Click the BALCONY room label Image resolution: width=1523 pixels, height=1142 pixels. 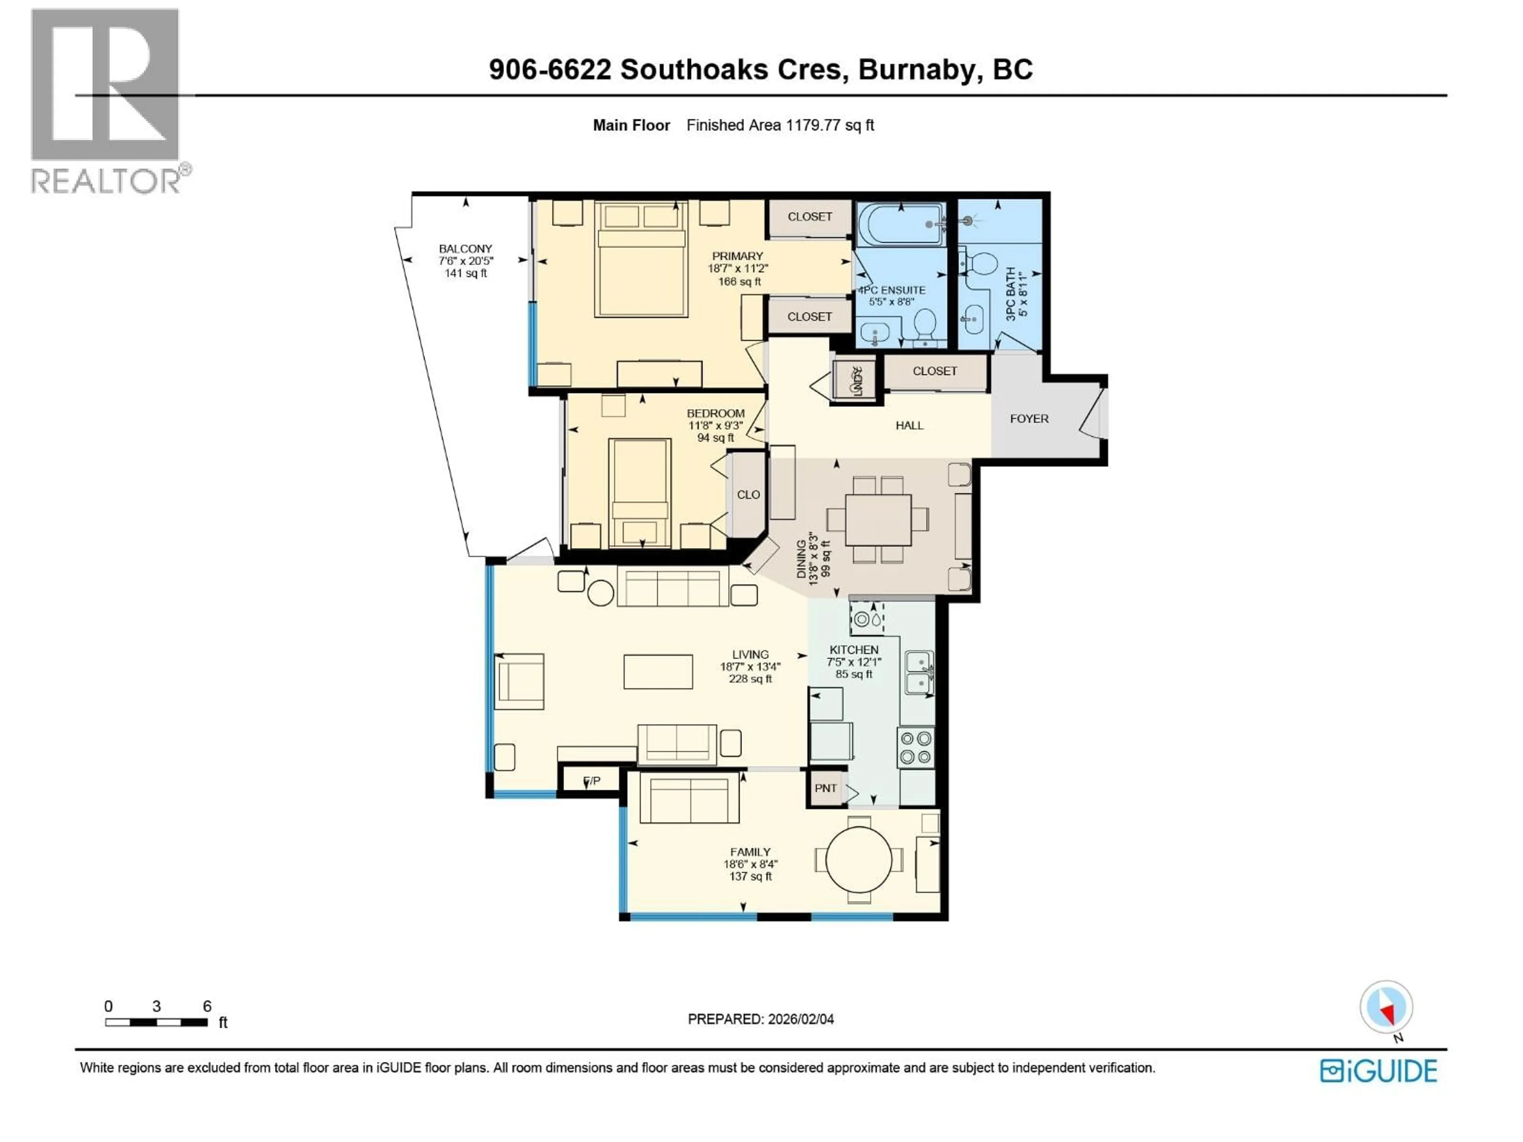pos(466,249)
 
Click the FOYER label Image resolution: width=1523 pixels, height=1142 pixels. pos(1029,418)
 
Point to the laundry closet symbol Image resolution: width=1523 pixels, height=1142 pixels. pos(854,379)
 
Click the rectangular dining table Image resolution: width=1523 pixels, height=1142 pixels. pos(878,520)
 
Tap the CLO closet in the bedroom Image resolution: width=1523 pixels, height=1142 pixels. pos(748,494)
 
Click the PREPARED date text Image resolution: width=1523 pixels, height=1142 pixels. pos(760,1019)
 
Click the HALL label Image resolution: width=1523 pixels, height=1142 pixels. pos(909,425)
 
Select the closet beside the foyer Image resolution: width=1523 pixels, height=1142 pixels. pos(934,371)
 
